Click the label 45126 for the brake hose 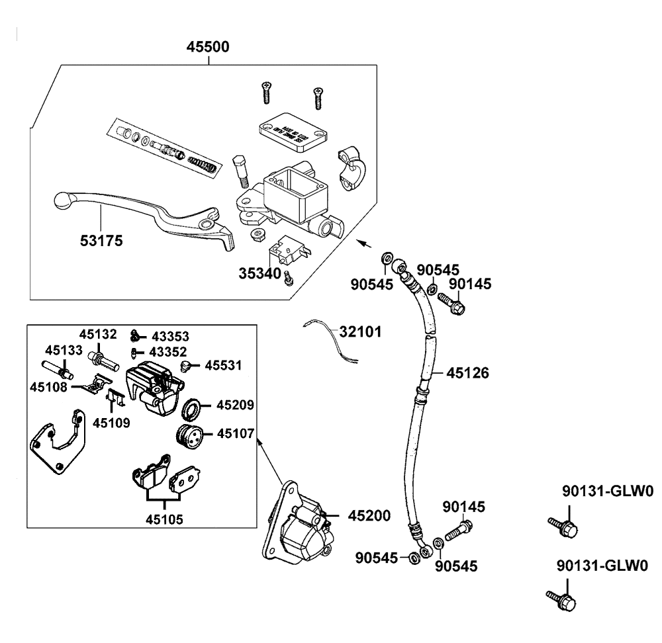click(x=468, y=373)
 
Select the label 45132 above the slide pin click(x=99, y=333)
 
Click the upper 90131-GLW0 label click(x=607, y=491)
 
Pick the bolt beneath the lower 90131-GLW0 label click(x=561, y=601)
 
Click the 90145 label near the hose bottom click(x=464, y=507)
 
